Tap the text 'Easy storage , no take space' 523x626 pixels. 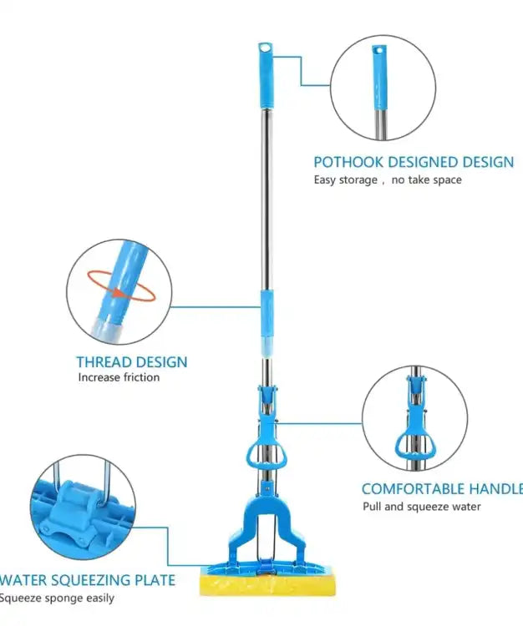[x=388, y=179]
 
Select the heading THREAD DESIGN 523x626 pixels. [x=132, y=362]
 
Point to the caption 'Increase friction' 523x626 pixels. [x=119, y=377]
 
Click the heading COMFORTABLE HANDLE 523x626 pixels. [x=440, y=489]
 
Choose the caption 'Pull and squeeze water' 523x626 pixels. [x=422, y=506]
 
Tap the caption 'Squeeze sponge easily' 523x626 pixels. [x=57, y=598]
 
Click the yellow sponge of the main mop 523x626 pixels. [x=269, y=584]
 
